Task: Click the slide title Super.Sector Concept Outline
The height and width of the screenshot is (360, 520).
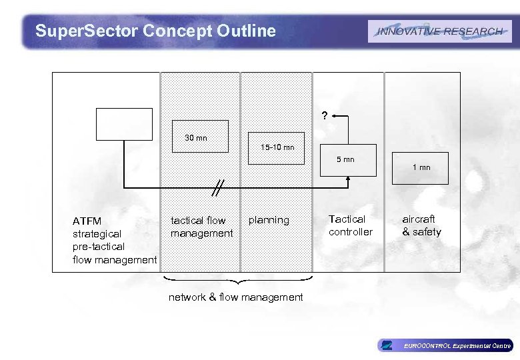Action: click(x=155, y=31)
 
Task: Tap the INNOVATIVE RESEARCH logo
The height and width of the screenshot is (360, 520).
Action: click(x=439, y=31)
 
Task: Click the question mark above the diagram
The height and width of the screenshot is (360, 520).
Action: click(x=324, y=116)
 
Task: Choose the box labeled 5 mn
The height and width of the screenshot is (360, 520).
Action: click(x=347, y=159)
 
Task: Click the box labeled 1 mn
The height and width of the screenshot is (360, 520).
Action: click(x=421, y=167)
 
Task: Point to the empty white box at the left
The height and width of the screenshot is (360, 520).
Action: click(x=124, y=123)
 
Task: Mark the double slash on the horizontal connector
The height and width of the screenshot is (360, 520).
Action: click(x=217, y=188)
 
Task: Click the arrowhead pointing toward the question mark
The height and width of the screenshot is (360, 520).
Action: click(x=335, y=116)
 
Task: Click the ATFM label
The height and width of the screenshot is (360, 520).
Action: click(x=87, y=221)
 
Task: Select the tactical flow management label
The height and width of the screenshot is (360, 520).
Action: click(x=201, y=227)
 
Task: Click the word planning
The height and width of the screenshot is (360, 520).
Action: click(x=269, y=220)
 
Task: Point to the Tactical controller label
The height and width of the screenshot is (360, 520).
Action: click(x=350, y=225)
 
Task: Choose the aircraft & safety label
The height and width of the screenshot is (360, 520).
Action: click(x=421, y=225)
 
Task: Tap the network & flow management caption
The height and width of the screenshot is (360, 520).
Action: click(x=235, y=297)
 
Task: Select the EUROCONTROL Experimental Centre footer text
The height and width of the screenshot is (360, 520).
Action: click(x=457, y=345)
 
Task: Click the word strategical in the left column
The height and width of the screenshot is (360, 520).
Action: click(x=97, y=234)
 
